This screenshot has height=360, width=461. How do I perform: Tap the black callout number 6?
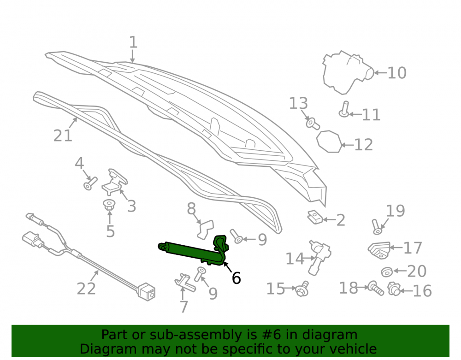point(236,278)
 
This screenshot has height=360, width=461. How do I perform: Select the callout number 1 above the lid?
point(133,42)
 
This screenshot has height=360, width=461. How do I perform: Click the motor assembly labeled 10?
point(347,72)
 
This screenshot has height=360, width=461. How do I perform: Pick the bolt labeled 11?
point(344,109)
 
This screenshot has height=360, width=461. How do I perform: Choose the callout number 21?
point(63,136)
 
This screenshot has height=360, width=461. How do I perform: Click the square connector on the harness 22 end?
point(148,291)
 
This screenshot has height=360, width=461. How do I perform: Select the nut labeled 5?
point(109,205)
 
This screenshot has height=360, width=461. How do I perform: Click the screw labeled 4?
point(90,183)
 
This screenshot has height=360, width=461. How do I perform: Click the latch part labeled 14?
point(320,257)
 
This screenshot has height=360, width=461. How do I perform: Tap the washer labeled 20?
point(387,272)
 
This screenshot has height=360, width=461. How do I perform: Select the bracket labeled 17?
point(379,250)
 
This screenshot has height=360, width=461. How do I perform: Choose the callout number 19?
point(396,211)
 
